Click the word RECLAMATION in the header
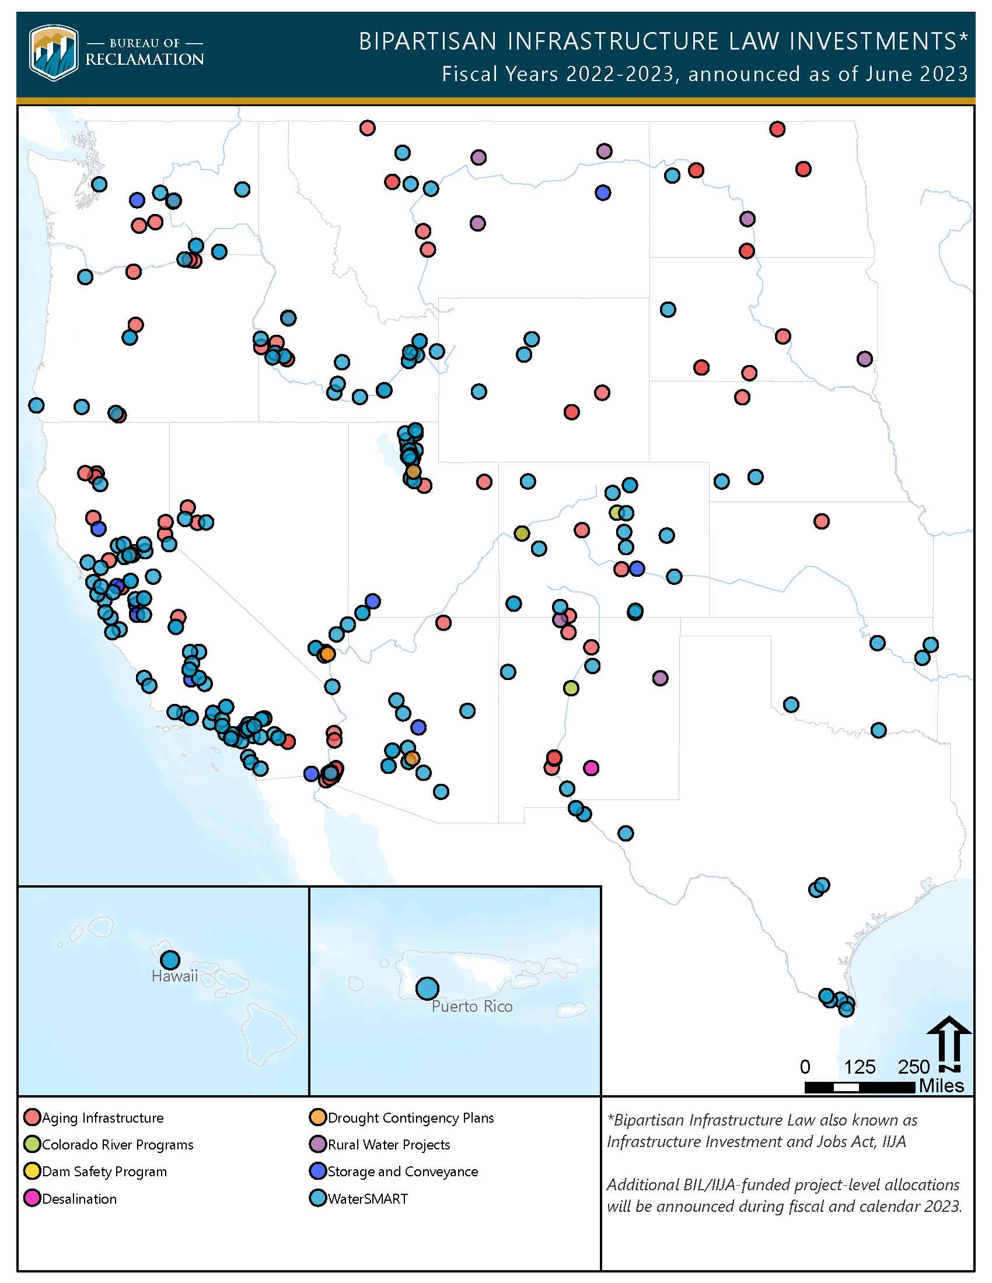coord(145,59)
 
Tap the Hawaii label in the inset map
coord(174,976)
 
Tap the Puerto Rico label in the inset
coord(472,1007)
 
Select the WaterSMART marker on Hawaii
coord(170,960)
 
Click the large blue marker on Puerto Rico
coord(427,988)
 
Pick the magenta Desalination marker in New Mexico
coord(591,767)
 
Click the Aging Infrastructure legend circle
coord(32,1117)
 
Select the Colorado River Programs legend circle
coord(32,1144)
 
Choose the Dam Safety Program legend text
coord(104,1172)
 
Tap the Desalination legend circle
coord(32,1198)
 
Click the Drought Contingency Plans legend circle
coord(317,1117)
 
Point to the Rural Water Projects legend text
coord(389,1144)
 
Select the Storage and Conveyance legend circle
coord(317,1172)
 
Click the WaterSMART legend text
coord(367,1198)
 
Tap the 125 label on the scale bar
coord(859,1067)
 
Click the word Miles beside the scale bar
coord(941,1086)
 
